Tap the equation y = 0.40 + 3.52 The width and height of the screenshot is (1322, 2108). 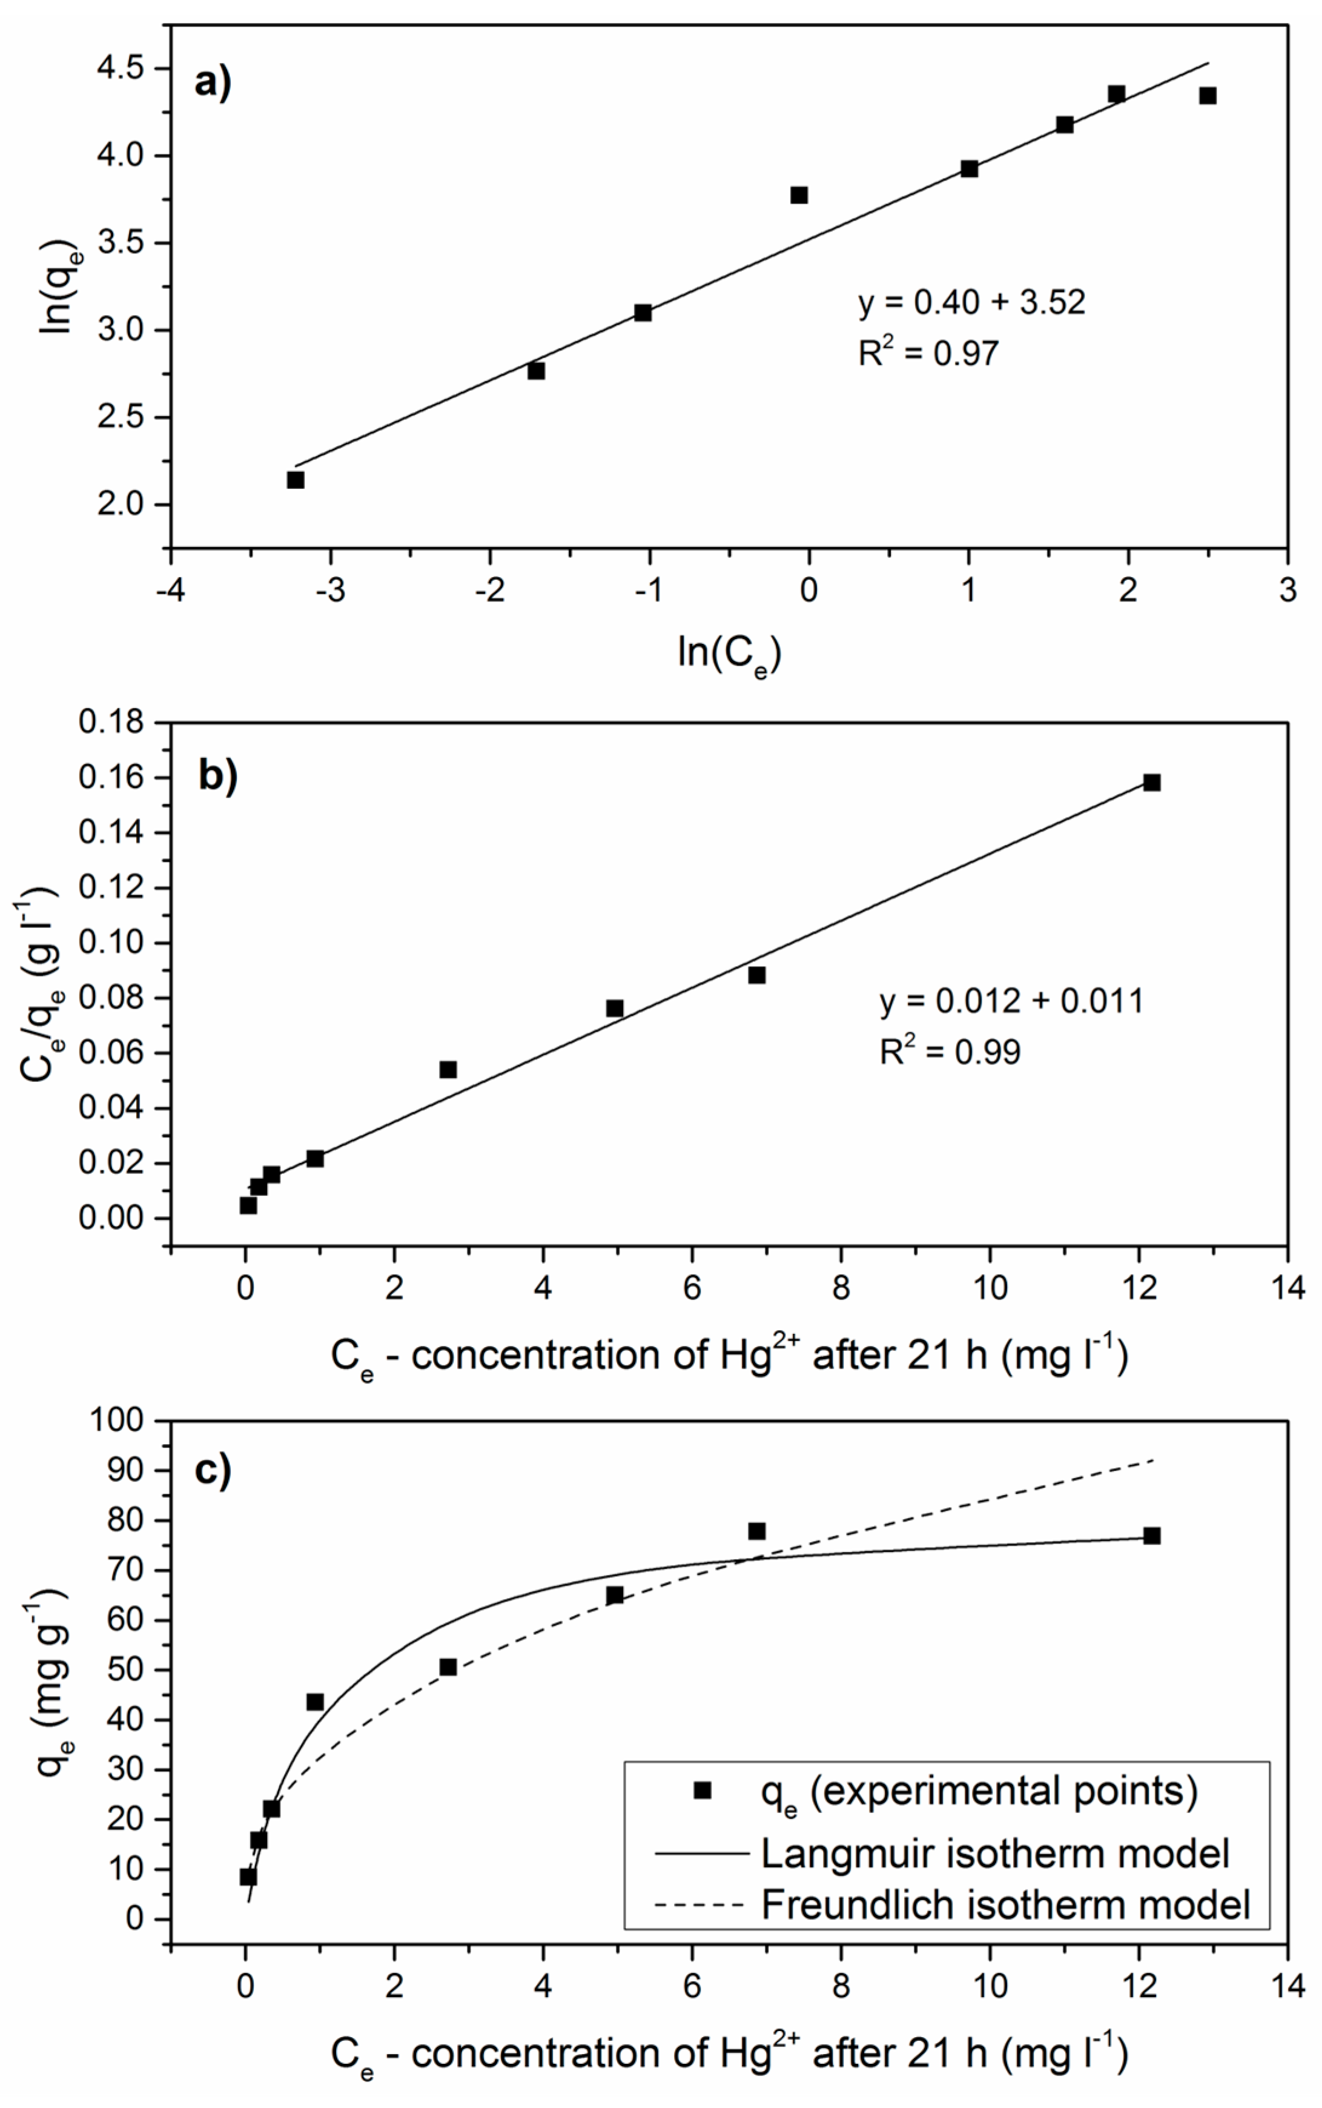971,302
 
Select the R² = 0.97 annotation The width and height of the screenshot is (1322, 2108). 928,353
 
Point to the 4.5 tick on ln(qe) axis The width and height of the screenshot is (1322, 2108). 124,68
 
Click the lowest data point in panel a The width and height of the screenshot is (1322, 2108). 296,480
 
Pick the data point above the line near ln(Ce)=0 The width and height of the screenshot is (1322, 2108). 798,195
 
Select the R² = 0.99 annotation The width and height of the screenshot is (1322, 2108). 950,1052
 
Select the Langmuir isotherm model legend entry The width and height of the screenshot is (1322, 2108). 994,1854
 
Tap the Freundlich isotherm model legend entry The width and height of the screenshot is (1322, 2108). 1005,1904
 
